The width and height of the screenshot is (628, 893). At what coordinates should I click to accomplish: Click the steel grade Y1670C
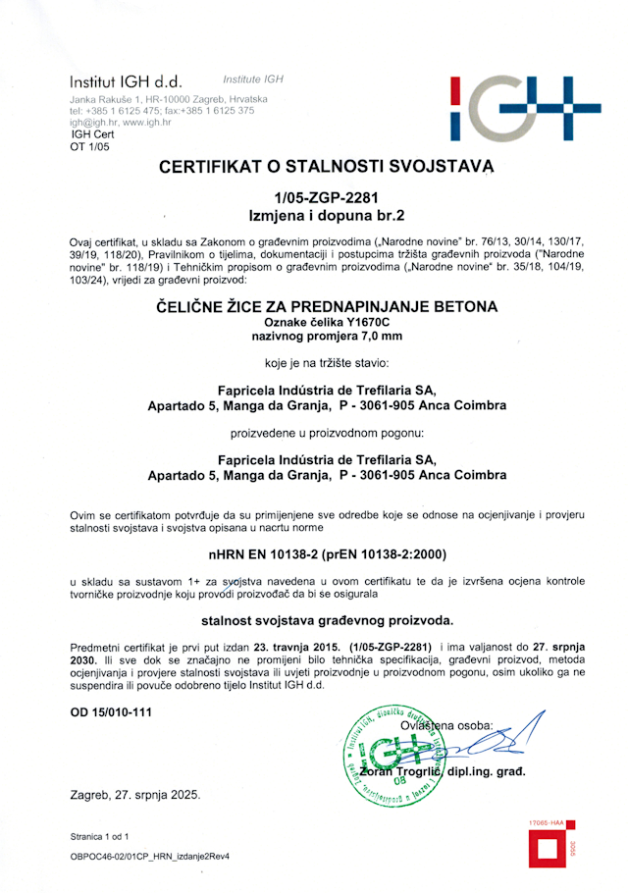tap(364, 322)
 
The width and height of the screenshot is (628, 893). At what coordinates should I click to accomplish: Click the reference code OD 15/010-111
tap(111, 712)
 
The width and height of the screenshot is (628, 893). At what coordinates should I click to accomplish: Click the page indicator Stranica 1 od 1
tap(99, 836)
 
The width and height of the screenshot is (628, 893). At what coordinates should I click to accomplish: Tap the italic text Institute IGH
tap(253, 79)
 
